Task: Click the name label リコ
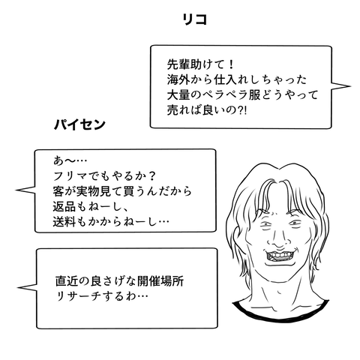(x=195, y=19)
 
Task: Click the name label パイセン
(x=79, y=124)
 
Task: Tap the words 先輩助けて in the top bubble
(x=196, y=64)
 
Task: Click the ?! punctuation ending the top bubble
(x=241, y=110)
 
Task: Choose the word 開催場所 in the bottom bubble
(x=160, y=280)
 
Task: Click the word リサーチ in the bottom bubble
(x=78, y=296)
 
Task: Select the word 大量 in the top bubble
(x=178, y=95)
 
